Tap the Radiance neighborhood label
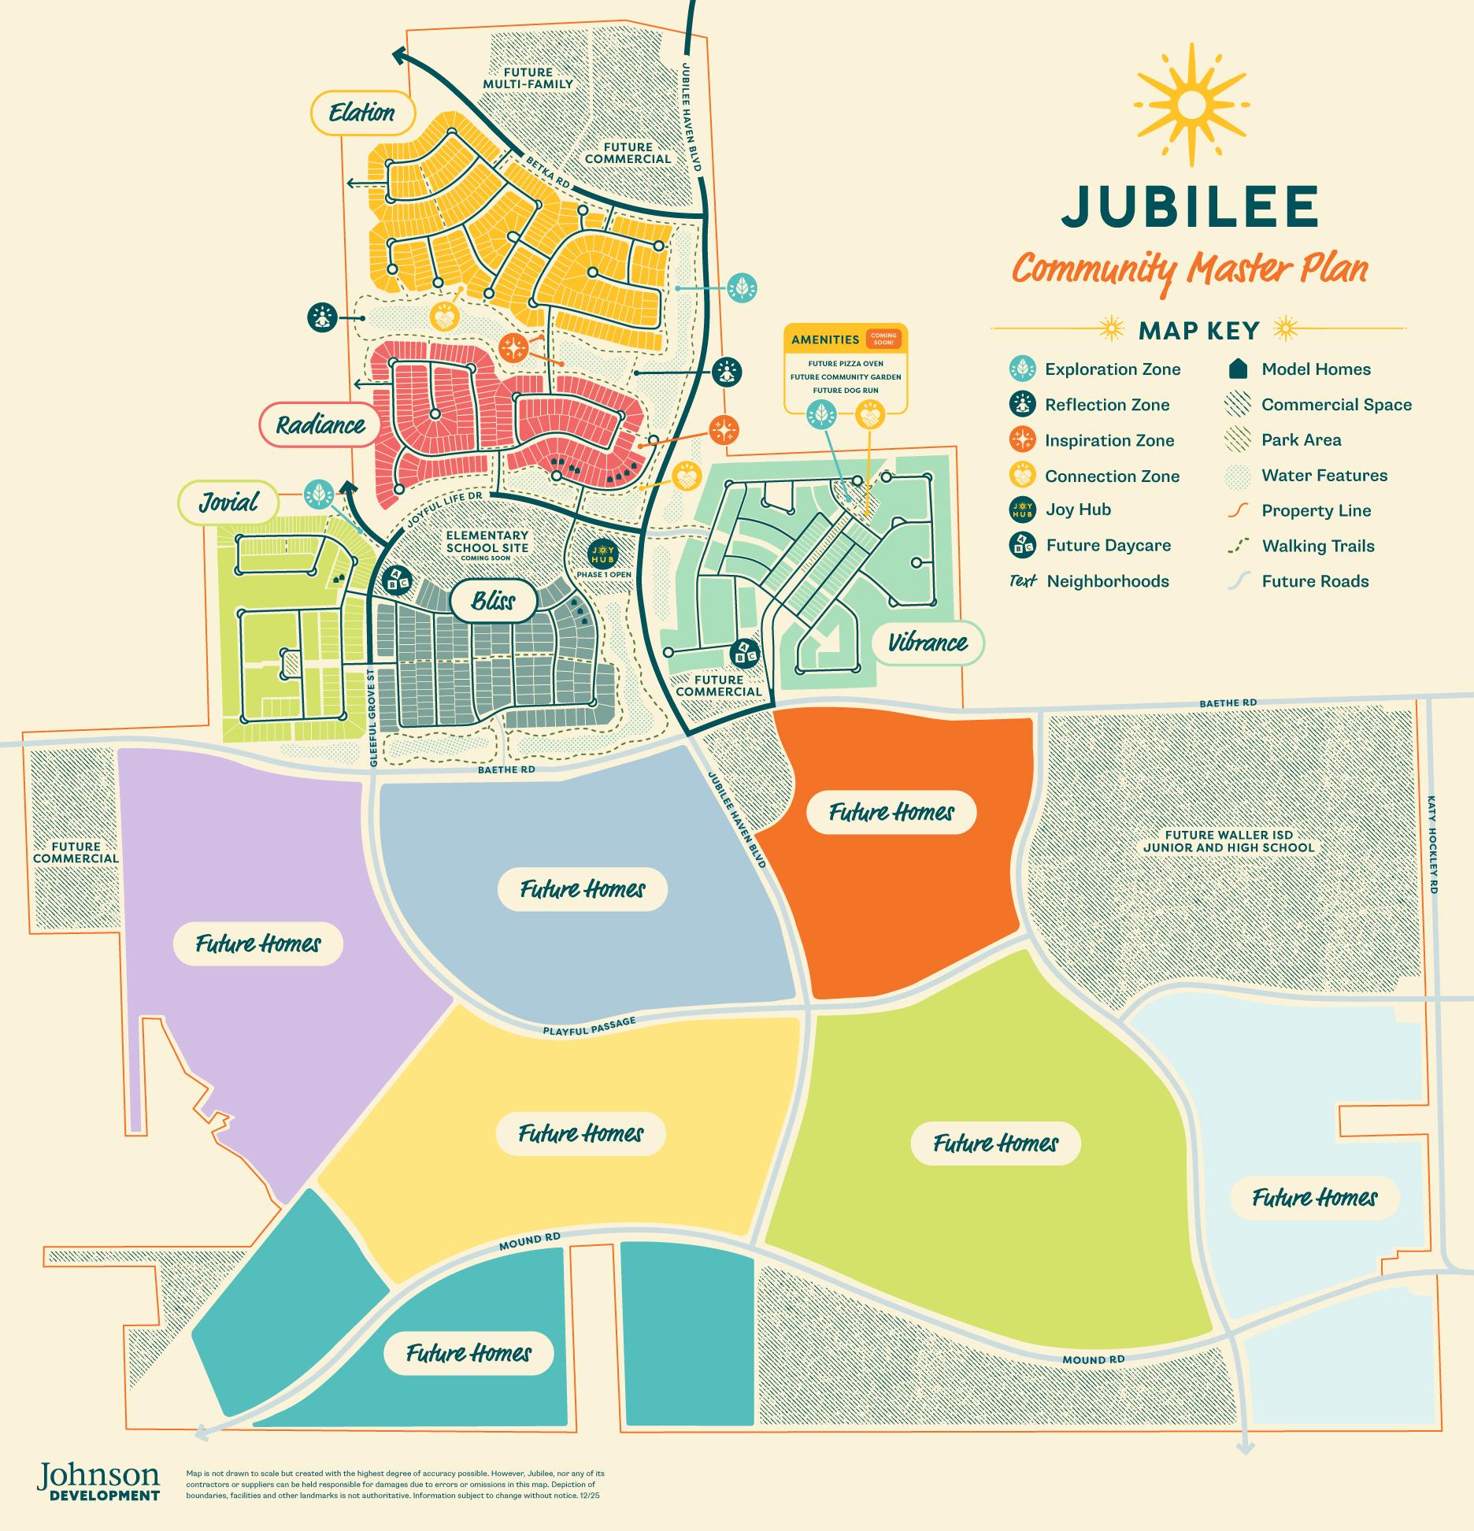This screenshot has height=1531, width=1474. (320, 426)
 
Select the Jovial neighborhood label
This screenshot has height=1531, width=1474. (228, 502)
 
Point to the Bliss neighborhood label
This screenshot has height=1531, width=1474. (493, 602)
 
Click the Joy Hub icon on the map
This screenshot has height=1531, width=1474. (603, 554)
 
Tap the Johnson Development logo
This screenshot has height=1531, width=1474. (98, 1482)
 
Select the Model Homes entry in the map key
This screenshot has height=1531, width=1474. (1315, 369)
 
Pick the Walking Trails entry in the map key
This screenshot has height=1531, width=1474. (1317, 546)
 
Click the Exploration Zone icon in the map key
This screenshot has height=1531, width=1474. (1022, 369)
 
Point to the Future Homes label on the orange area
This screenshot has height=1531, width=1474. (891, 813)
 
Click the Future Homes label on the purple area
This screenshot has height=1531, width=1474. (257, 943)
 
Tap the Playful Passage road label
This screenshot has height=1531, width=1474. (588, 1026)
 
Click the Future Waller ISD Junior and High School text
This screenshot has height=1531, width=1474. (1228, 841)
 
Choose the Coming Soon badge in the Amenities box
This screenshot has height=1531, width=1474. (883, 339)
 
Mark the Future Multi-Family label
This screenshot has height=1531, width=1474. (528, 78)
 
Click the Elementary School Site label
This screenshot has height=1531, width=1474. (487, 542)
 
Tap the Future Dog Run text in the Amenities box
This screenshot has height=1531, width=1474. (846, 391)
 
